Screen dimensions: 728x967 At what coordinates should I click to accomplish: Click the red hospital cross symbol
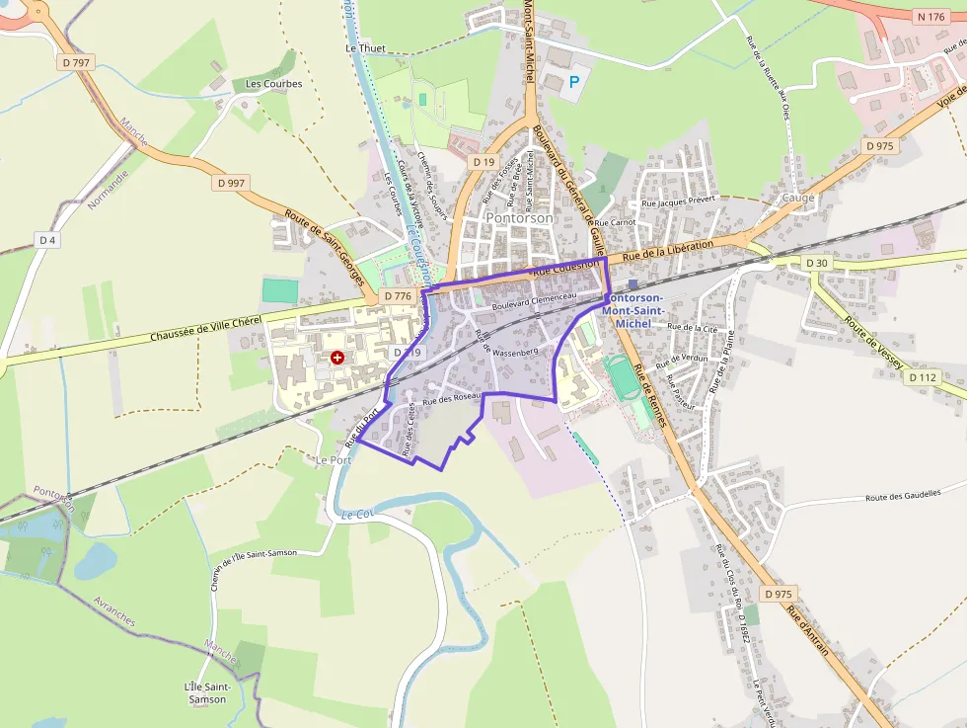tap(337, 357)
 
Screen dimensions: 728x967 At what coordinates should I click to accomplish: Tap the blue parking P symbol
tap(574, 83)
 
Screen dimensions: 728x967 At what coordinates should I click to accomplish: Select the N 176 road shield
tap(930, 17)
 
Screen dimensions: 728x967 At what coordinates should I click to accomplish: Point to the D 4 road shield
tap(47, 240)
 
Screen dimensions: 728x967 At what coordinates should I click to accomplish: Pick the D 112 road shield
tap(924, 377)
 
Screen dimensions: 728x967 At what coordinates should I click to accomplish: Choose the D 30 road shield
tap(816, 263)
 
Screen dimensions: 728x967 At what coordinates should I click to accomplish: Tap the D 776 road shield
tap(398, 296)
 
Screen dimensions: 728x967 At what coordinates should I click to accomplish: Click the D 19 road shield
tap(483, 161)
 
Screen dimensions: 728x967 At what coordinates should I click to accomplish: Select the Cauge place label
tap(798, 198)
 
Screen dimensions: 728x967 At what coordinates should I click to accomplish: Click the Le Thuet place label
tap(364, 47)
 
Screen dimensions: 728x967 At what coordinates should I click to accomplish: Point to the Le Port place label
tap(334, 460)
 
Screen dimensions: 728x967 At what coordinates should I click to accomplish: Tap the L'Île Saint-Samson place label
tap(206, 692)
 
